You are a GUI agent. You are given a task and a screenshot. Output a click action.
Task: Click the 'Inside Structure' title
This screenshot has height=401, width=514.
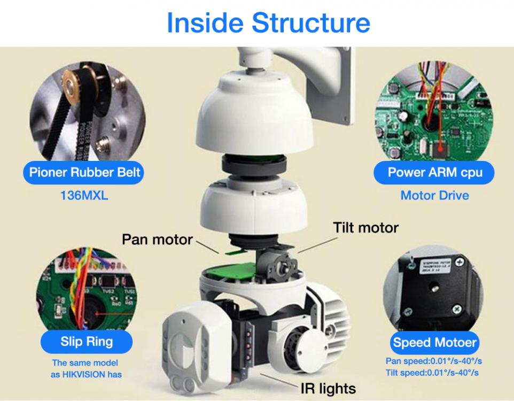click(268, 22)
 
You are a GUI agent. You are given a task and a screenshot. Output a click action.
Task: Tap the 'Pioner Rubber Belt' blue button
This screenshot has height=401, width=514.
click(85, 172)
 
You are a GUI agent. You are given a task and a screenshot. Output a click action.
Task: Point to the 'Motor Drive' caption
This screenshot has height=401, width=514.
click(434, 195)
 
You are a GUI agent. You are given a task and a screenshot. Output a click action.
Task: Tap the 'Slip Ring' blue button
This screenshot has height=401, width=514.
click(87, 341)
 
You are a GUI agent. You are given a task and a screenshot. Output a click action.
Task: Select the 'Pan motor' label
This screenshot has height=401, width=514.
click(157, 238)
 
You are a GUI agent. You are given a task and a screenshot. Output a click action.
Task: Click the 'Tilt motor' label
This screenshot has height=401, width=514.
click(365, 228)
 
